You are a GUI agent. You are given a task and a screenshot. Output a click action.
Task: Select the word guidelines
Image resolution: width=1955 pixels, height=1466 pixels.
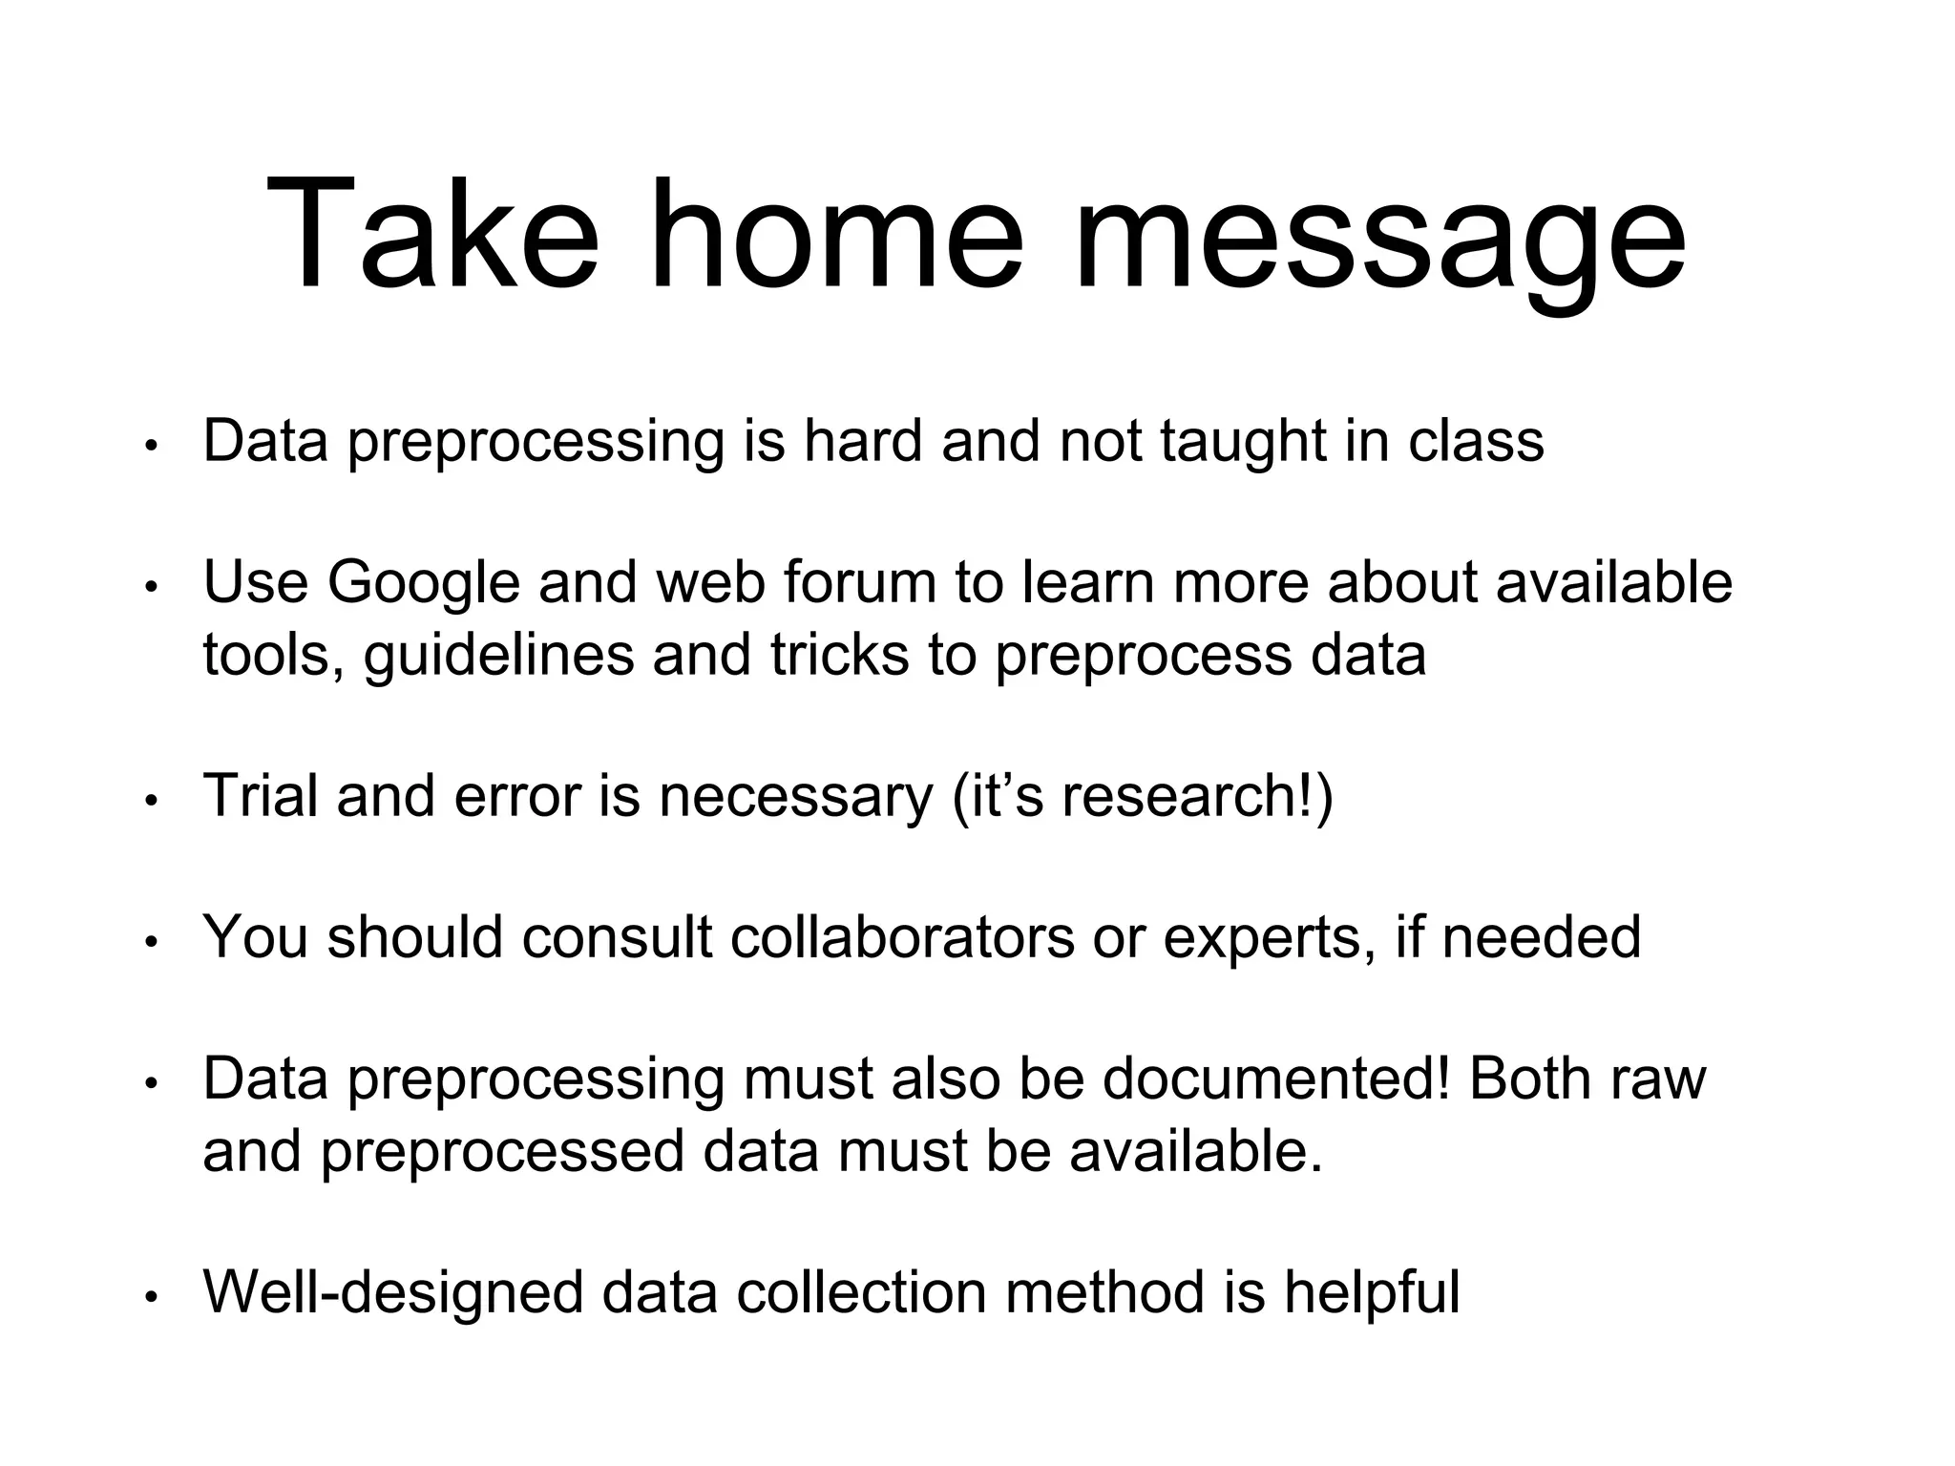[498, 657]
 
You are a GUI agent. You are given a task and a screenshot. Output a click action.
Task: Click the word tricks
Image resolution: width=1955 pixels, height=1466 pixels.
[839, 655]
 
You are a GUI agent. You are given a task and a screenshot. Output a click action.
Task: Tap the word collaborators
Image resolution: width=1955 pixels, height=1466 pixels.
[902, 936]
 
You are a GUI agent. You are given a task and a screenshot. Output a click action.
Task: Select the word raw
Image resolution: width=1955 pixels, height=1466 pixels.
[1658, 1080]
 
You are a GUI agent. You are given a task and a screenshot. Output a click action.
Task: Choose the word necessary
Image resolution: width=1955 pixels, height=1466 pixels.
[795, 798]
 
